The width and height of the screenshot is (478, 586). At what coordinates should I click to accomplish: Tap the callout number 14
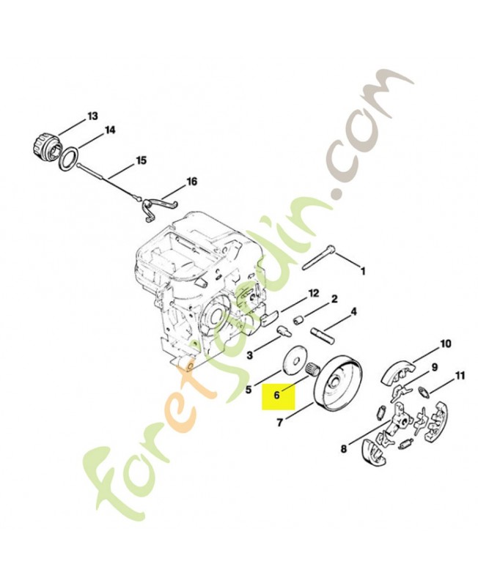[110, 130]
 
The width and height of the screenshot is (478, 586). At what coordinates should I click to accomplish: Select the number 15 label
[141, 160]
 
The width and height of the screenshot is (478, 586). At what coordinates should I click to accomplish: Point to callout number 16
[191, 182]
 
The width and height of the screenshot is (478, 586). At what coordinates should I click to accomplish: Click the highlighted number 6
[277, 395]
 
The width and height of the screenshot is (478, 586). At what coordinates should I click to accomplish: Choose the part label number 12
[314, 294]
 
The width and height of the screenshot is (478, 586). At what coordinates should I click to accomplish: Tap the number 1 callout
[362, 270]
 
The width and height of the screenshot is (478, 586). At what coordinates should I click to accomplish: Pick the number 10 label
[446, 343]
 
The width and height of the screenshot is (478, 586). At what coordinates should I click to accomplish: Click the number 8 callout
[344, 448]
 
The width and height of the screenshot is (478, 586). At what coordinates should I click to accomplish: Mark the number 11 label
[460, 374]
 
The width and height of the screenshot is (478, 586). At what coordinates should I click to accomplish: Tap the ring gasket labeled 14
[70, 159]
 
